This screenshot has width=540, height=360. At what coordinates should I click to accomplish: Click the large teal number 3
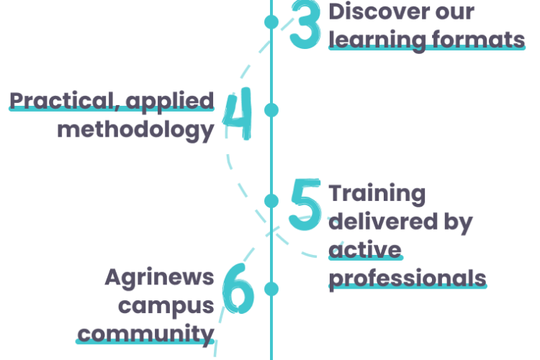point(305,25)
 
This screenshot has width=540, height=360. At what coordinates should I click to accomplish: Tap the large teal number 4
point(238,115)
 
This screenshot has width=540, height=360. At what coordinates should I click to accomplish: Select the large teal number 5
point(305,205)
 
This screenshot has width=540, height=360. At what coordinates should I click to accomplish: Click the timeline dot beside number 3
point(271,22)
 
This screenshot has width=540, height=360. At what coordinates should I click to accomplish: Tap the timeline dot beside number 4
point(271,109)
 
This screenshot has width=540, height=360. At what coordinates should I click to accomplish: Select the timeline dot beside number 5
point(271,199)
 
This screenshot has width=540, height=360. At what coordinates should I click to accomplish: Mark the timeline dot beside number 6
point(271,289)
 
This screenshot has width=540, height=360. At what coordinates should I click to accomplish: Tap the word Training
point(377,194)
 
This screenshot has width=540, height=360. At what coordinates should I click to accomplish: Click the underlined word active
point(365,249)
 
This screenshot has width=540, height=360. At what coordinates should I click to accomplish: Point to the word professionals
point(407,276)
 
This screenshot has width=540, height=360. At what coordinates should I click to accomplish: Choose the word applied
point(171,102)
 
